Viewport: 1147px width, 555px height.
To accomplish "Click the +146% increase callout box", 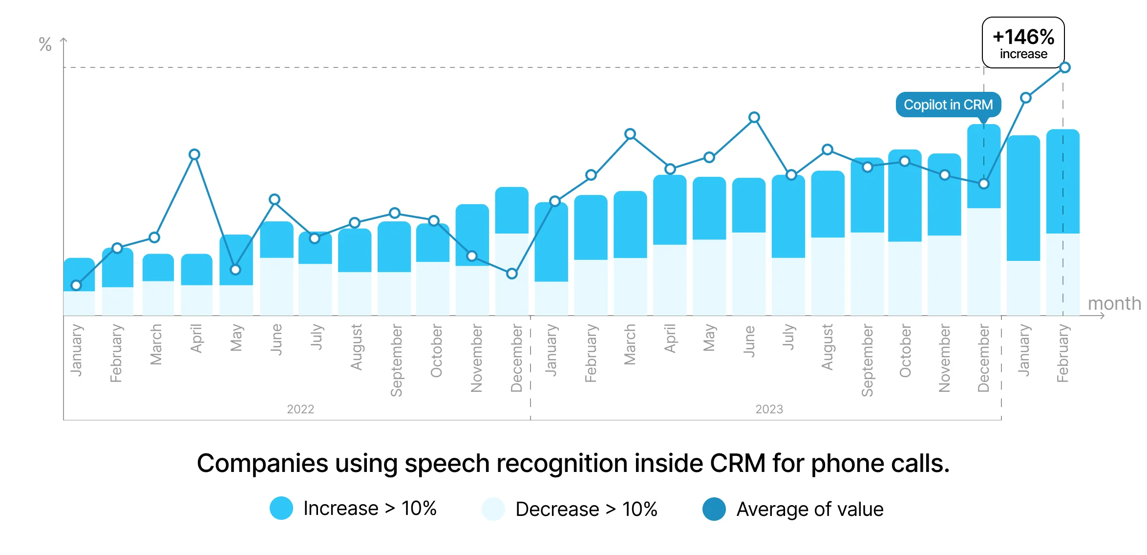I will (x=1023, y=43).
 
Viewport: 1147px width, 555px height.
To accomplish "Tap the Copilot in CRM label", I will (x=948, y=105).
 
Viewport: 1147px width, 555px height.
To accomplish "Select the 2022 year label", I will (x=300, y=409).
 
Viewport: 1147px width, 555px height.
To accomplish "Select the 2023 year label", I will (x=769, y=409).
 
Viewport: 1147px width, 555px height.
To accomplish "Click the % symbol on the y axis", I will (x=45, y=44).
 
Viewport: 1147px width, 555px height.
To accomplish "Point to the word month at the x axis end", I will (x=1114, y=303).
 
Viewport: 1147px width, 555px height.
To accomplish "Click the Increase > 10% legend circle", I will (x=281, y=508).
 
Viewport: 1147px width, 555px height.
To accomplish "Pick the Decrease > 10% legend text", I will (x=586, y=509).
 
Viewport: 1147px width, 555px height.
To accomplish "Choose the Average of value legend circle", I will (x=714, y=509).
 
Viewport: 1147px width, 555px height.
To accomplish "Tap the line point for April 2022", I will (x=194, y=155).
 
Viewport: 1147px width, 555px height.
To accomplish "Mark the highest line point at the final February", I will (x=1065, y=67).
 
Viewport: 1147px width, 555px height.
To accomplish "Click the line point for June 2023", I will (x=754, y=117).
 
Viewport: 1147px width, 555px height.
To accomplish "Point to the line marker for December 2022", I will (x=512, y=274).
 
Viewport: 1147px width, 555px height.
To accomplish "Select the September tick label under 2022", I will (x=396, y=360).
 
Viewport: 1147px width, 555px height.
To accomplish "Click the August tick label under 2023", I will (x=827, y=347).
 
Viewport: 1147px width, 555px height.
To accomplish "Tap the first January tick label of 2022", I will (x=76, y=350).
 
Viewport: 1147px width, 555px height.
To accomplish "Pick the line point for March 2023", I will (x=630, y=134).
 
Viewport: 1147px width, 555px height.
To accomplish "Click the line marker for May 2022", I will (x=235, y=270).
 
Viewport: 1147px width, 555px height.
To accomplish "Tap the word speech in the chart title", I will (x=447, y=463).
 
